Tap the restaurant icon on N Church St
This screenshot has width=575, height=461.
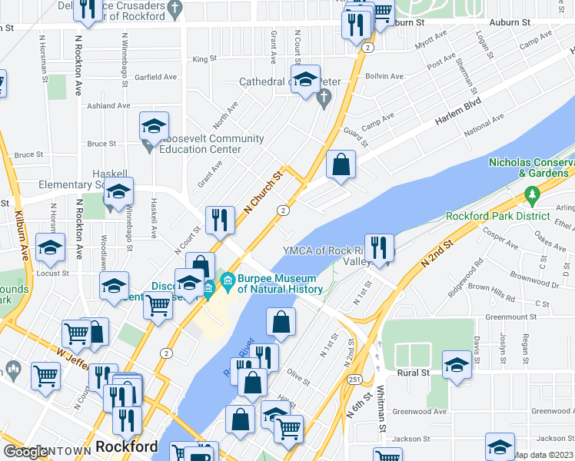pyautogui.click(x=220, y=220)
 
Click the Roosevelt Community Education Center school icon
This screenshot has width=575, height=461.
pyautogui.click(x=154, y=126)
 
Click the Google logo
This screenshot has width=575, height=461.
pyautogui.click(x=27, y=452)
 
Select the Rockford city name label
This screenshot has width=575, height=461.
pyautogui.click(x=127, y=446)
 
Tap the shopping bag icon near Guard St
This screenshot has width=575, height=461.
pyautogui.click(x=341, y=164)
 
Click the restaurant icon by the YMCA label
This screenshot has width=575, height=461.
pyautogui.click(x=379, y=247)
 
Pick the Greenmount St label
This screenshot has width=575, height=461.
pyautogui.click(x=511, y=317)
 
